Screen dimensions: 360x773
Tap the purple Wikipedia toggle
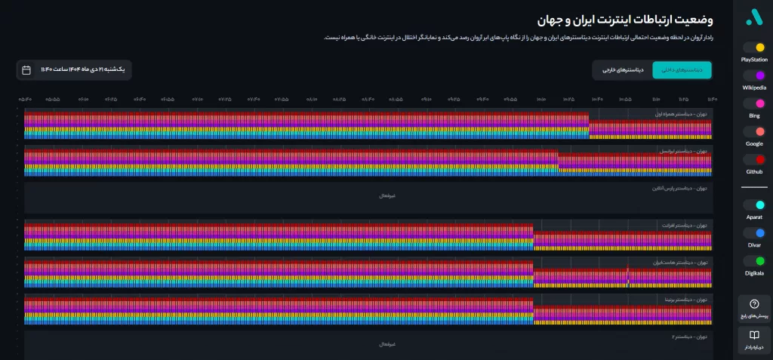pyautogui.click(x=754, y=76)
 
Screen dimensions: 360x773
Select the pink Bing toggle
pyautogui.click(x=754, y=104)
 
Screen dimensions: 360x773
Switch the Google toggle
pyautogui.click(x=754, y=131)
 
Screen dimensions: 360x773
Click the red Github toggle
pyautogui.click(x=754, y=160)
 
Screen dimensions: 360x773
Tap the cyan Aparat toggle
pyautogui.click(x=754, y=205)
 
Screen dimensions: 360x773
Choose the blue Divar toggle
pyautogui.click(x=754, y=232)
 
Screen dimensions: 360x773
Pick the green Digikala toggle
pyautogui.click(x=754, y=260)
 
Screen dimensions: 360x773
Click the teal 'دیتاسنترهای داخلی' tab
pyautogui.click(x=682, y=69)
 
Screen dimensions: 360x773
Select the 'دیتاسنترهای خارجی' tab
pyautogui.click(x=623, y=69)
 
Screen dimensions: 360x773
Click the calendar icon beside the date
pyautogui.click(x=26, y=70)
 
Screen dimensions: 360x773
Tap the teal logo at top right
pyautogui.click(x=754, y=17)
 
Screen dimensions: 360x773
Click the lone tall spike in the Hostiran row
pyautogui.click(x=627, y=273)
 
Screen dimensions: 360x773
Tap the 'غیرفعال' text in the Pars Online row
pyautogui.click(x=387, y=195)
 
